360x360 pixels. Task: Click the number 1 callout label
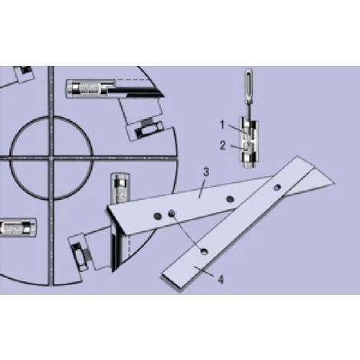222,125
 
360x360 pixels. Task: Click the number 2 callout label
223,146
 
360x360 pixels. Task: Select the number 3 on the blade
206,172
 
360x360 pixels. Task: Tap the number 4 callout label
221,280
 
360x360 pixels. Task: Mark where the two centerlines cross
51,159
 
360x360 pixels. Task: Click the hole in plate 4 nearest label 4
204,251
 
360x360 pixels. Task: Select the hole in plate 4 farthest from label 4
277,188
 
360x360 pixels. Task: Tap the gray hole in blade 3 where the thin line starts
172,212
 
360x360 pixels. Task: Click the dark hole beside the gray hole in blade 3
158,216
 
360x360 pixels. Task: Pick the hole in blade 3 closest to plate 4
230,198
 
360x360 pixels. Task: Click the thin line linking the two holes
188,232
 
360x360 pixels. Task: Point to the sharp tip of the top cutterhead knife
162,96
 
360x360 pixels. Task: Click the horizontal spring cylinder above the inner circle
90,88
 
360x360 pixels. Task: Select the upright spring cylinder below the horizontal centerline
120,188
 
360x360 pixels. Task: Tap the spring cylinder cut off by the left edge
18,227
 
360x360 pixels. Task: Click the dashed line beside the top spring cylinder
133,80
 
